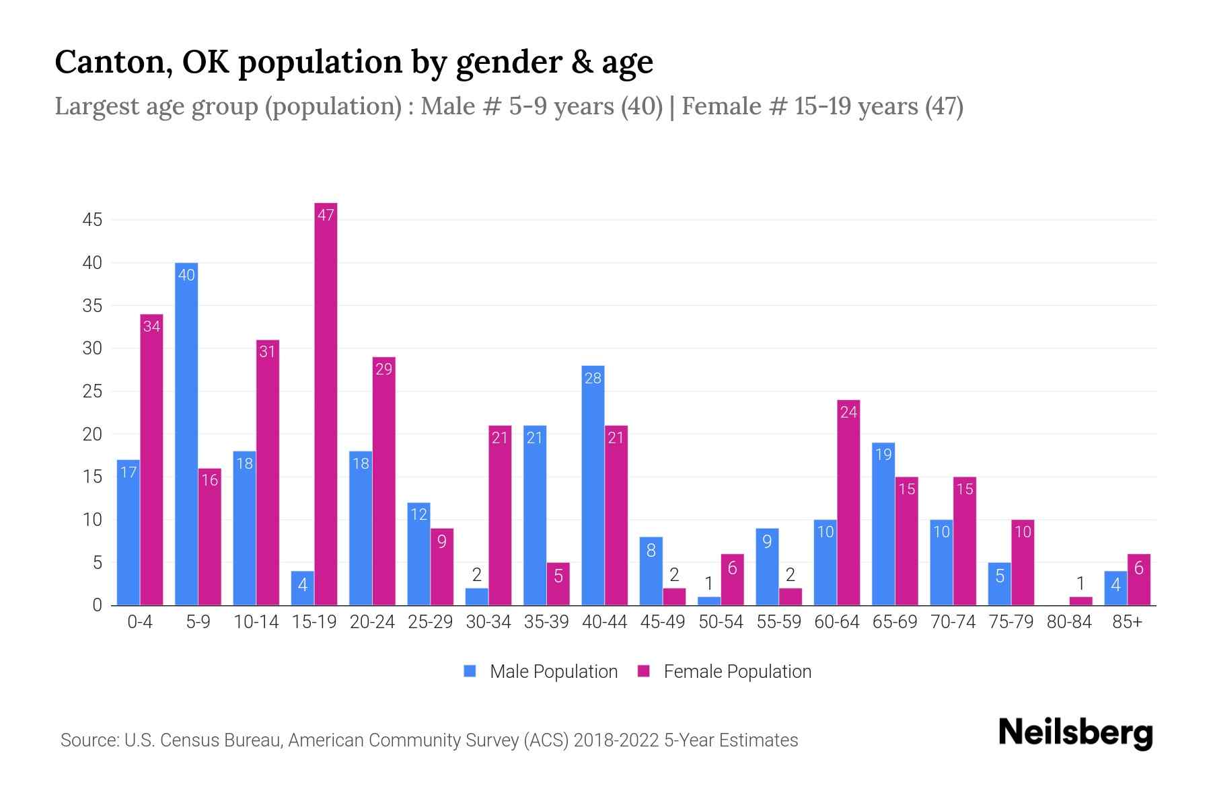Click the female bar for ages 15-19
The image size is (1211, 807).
click(x=326, y=403)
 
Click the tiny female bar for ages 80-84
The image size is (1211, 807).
click(x=1080, y=601)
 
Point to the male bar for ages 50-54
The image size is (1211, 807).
click(x=708, y=601)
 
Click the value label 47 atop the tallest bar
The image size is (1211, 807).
click(x=326, y=215)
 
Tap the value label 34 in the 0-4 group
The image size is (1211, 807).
click(x=151, y=326)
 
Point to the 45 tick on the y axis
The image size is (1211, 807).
click(x=92, y=220)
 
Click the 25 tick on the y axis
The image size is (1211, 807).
click(x=92, y=391)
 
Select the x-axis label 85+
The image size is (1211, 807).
click(x=1127, y=622)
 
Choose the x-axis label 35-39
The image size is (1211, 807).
click(x=546, y=622)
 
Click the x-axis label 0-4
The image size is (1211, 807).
click(x=140, y=622)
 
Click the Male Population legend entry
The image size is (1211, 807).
click(x=553, y=671)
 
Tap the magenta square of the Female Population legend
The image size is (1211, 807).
click(x=644, y=671)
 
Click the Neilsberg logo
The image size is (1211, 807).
click(x=1075, y=733)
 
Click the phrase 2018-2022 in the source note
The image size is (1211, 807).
click(x=616, y=740)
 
